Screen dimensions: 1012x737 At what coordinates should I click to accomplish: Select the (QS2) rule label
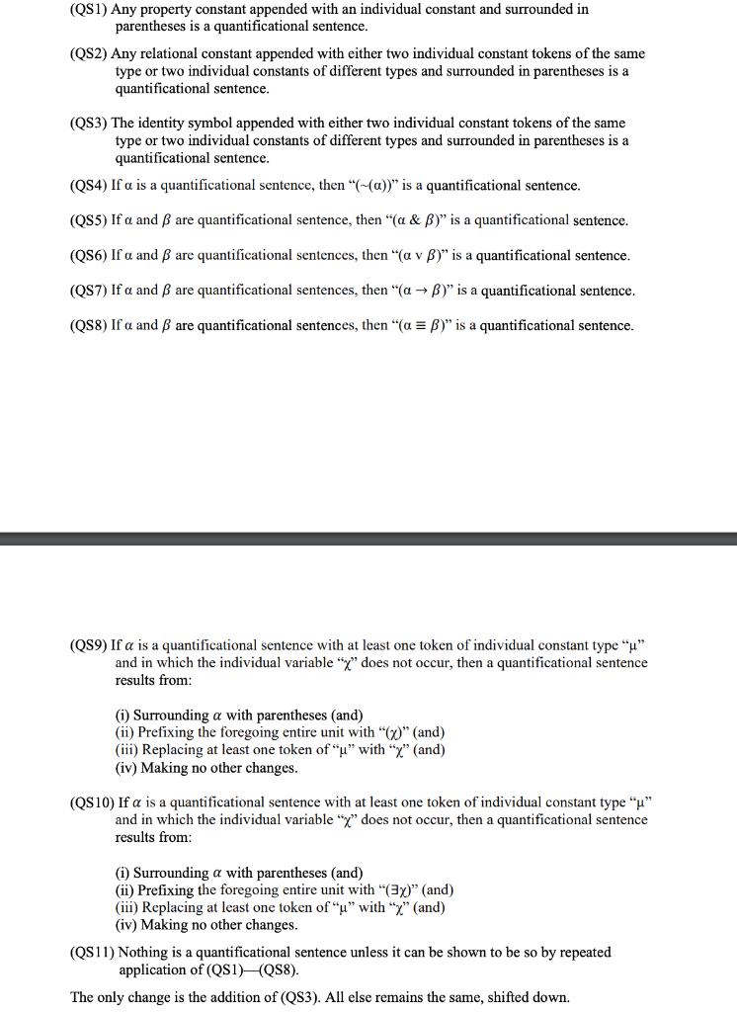point(89,53)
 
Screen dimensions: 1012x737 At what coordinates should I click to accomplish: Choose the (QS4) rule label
point(89,186)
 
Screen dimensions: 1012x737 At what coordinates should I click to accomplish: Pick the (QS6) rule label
point(89,256)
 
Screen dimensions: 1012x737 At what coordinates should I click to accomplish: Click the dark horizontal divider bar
point(368,539)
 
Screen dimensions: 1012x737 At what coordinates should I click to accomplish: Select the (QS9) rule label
point(89,645)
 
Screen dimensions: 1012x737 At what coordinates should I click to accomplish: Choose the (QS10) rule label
point(92,802)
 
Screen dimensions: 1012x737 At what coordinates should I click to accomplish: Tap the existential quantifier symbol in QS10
point(395,889)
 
